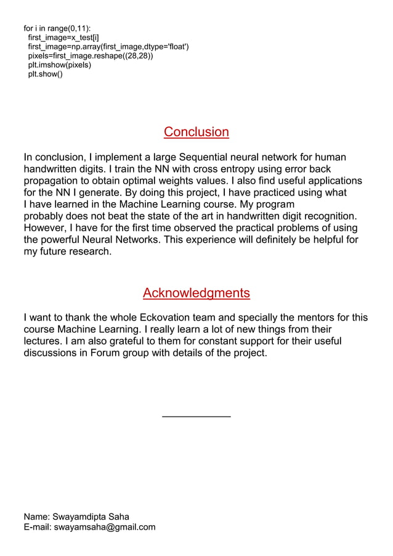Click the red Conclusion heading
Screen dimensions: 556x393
(x=196, y=132)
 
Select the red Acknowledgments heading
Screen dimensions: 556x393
(x=196, y=293)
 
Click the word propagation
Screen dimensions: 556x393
(x=52, y=181)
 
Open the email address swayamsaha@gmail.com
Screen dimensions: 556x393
(x=104, y=527)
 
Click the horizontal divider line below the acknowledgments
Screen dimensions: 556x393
(x=196, y=417)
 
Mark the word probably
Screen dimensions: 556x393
(x=45, y=216)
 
